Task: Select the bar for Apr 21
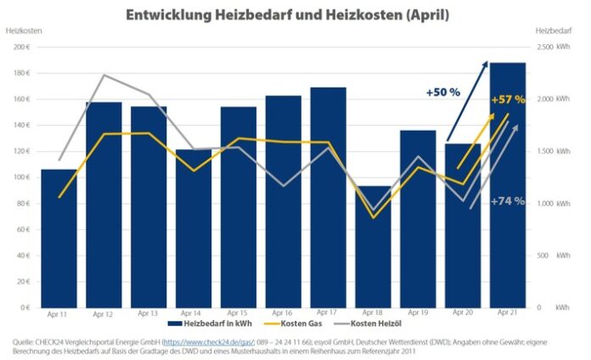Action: pos(507,187)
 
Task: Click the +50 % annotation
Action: pos(443,91)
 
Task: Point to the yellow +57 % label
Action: pos(508,100)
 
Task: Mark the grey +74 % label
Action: pos(508,201)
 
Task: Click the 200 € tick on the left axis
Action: pos(22,47)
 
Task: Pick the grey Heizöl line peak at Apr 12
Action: pos(104,76)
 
